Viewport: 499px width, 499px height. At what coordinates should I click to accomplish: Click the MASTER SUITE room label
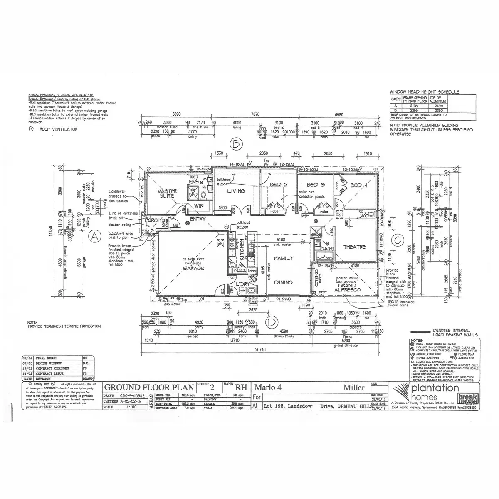[x=167, y=193]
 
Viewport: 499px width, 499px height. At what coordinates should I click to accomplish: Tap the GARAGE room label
[x=193, y=268]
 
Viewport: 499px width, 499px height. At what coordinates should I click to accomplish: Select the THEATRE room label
[x=354, y=247]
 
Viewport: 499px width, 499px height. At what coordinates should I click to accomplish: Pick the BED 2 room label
[x=279, y=185]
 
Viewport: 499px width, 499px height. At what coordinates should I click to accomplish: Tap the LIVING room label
[x=235, y=191]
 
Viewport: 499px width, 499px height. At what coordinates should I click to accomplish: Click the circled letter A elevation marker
[x=95, y=236]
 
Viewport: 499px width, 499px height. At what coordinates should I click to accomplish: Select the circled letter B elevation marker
[x=236, y=144]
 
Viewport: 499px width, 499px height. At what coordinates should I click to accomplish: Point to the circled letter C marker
[x=398, y=240]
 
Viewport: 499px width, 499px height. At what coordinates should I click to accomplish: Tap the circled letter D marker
[x=272, y=321]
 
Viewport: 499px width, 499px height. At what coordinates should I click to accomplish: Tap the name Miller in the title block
[x=354, y=388]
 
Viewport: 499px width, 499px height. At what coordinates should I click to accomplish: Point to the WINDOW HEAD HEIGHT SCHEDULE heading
[x=424, y=91]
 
